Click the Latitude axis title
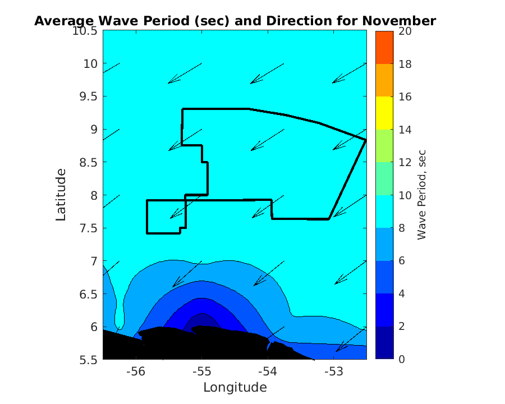point(61,195)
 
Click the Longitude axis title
point(235,387)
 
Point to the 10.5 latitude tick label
point(85,31)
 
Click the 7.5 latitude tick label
point(87,228)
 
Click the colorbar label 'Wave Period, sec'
point(422,195)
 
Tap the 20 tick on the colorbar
point(405,31)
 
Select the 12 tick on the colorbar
point(405,163)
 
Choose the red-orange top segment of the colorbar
point(384,48)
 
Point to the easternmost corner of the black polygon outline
point(366,140)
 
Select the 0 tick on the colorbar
point(401,359)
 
